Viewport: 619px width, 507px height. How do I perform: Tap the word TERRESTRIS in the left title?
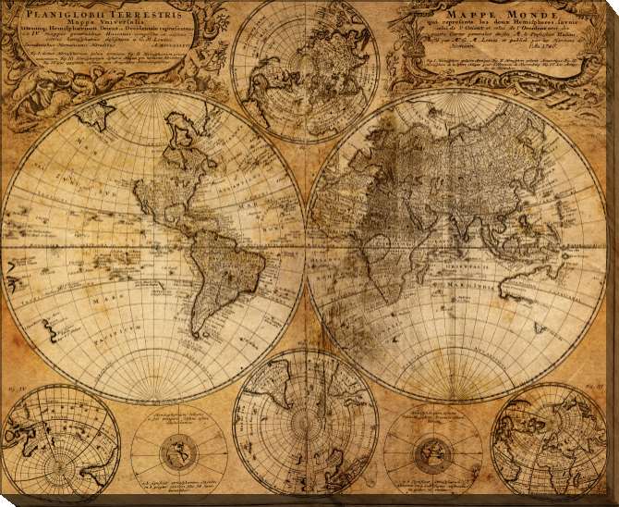pyautogui.click(x=147, y=13)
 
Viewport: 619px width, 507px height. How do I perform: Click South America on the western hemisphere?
pyautogui.click(x=212, y=268)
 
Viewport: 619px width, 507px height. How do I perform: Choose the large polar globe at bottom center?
pyautogui.click(x=305, y=420)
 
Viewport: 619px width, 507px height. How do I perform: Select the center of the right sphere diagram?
pyautogui.click(x=431, y=452)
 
